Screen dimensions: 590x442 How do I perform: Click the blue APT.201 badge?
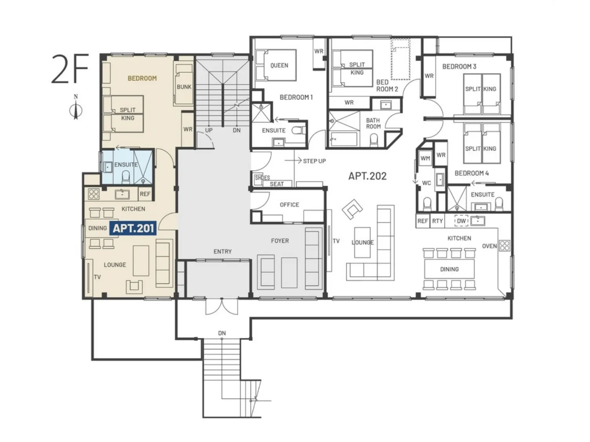[x=133, y=228]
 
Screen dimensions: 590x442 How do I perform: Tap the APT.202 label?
[x=367, y=176]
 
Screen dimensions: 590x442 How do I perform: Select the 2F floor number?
[x=70, y=69]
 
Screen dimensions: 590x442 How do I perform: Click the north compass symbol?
[x=76, y=107]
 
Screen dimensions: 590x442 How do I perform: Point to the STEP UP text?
[x=314, y=161]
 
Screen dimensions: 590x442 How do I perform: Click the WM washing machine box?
[x=425, y=158]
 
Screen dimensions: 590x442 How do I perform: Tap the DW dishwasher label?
[x=461, y=221]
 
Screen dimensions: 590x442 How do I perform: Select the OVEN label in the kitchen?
[x=489, y=246]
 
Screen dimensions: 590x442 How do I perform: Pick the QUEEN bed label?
[x=279, y=65]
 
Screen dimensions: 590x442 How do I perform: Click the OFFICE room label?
[x=289, y=205]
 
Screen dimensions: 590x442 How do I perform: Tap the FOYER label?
[x=280, y=241]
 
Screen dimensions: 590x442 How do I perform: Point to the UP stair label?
[x=209, y=130]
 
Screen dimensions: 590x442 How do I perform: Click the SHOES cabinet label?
[x=262, y=178]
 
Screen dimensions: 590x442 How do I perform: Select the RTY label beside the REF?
[x=437, y=221]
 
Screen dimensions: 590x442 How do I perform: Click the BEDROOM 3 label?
[x=459, y=66]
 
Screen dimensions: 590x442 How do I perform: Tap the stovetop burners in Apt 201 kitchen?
[x=93, y=194]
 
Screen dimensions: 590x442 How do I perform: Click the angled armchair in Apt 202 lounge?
[x=352, y=209]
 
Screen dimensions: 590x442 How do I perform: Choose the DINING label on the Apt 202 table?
[x=450, y=269]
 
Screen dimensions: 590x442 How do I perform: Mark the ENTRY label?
[x=222, y=251]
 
